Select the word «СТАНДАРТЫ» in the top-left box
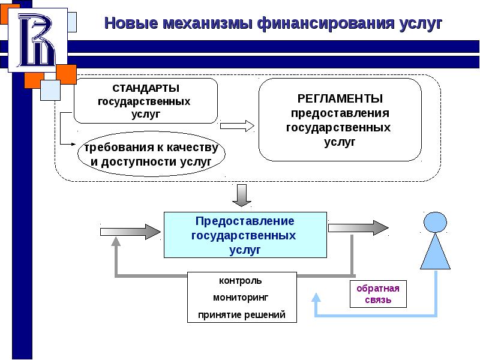(x=146, y=88)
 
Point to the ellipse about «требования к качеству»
(x=151, y=155)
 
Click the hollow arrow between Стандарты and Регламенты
(x=237, y=125)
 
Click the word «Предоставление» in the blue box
(x=245, y=221)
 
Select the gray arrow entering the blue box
(x=129, y=229)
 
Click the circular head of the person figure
(x=436, y=223)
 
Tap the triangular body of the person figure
(x=436, y=252)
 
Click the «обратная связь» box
(x=378, y=293)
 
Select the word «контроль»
(x=241, y=281)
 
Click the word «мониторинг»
(x=241, y=298)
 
